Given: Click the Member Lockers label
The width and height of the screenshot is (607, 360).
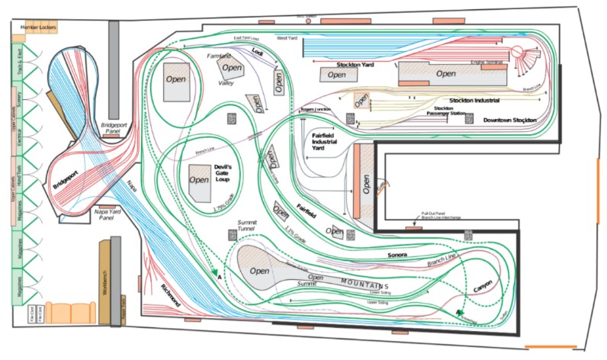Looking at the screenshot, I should tap(39, 27).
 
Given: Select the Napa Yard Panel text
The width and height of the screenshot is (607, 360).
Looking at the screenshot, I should tap(111, 214).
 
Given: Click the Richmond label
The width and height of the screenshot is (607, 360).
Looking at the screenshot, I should tap(170, 296).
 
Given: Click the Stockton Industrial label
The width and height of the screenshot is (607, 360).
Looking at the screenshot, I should tap(474, 100).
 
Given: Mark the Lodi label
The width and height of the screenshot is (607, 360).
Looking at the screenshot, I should tap(258, 52).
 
